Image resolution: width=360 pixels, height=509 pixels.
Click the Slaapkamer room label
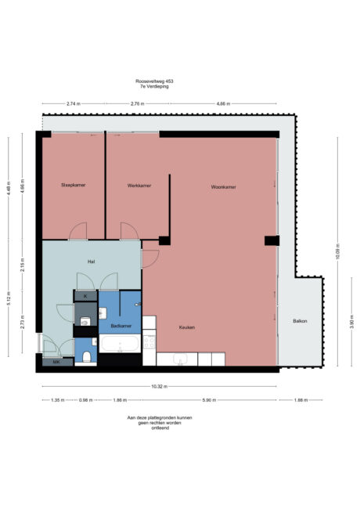pyautogui.click(x=73, y=186)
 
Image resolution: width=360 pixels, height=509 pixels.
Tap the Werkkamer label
pyautogui.click(x=139, y=186)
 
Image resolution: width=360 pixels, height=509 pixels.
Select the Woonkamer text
pyautogui.click(x=223, y=187)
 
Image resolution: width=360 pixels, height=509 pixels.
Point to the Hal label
pyautogui.click(x=91, y=262)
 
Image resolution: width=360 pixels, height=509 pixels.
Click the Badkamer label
pyautogui.click(x=120, y=326)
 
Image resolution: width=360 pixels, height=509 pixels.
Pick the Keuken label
pyautogui.click(x=186, y=327)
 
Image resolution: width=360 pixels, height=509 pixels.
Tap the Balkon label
pyautogui.click(x=301, y=321)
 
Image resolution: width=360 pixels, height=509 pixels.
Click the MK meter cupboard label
pyautogui.click(x=56, y=363)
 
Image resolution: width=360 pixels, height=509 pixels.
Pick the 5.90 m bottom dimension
pyautogui.click(x=207, y=400)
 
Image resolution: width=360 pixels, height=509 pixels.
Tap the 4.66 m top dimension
pyautogui.click(x=223, y=103)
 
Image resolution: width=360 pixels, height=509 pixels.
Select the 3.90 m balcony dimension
pyautogui.click(x=351, y=321)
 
